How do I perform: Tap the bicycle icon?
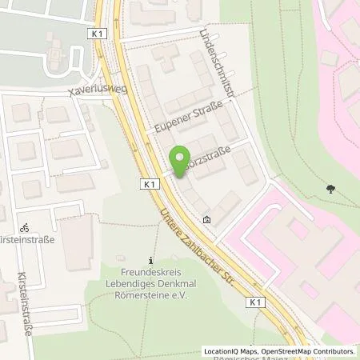24,227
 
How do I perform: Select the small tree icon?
330,190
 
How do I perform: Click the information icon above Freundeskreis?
152,260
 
